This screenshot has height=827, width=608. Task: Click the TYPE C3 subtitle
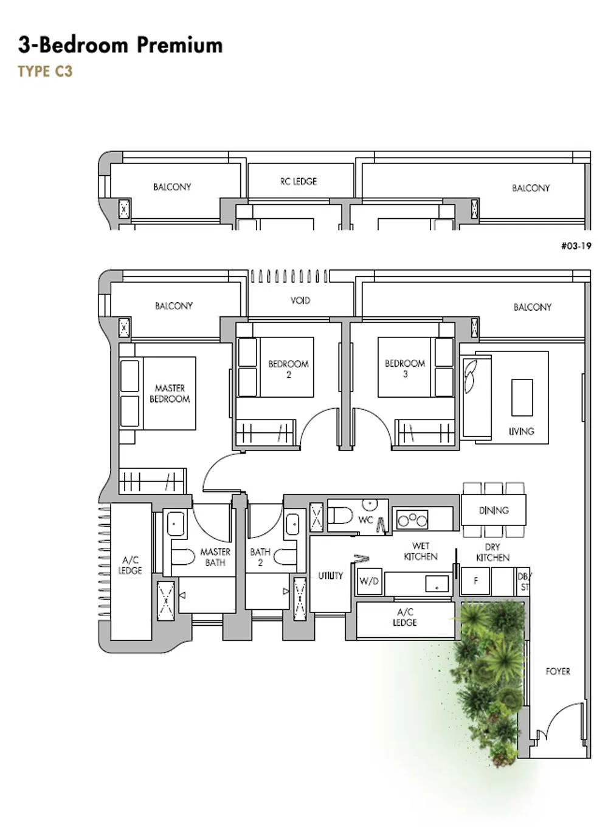45,71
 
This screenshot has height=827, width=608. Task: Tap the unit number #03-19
576,246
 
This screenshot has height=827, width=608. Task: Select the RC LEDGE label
299,181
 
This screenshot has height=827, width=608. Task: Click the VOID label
300,300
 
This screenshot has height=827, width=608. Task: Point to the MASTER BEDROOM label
170,393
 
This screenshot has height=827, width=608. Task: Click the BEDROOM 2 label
289,369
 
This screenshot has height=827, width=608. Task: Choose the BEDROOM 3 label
405,369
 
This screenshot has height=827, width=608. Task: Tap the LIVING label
521,431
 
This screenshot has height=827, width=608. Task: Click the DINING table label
494,510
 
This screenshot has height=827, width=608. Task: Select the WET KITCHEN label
421,551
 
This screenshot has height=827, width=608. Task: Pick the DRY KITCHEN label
492,552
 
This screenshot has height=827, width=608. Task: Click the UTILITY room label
330,576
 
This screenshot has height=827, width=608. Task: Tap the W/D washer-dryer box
369,581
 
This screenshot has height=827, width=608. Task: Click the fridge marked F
475,581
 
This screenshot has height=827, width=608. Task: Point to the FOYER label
558,671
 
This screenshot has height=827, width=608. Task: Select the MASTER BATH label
215,557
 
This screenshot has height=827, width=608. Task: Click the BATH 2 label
260,557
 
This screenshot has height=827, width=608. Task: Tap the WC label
365,520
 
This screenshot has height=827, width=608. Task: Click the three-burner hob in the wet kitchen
412,520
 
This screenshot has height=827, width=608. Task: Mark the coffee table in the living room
522,397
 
